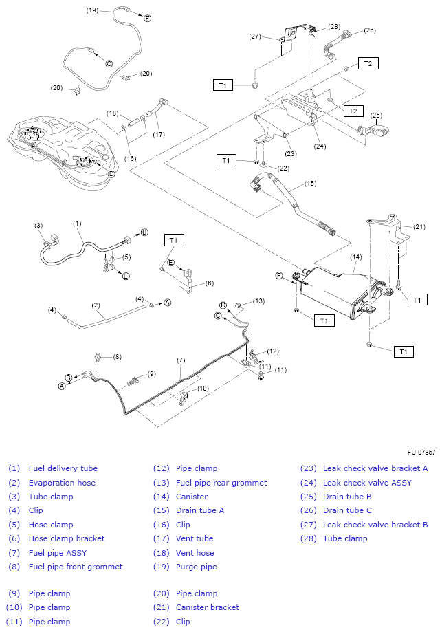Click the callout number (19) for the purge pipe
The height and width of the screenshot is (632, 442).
coord(93,10)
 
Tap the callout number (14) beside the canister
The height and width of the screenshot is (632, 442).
coord(355,257)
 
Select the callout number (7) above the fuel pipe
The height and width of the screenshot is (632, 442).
coord(181,360)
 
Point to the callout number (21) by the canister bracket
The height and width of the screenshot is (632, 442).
coord(419,227)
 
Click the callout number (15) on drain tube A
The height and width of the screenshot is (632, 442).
coord(310,184)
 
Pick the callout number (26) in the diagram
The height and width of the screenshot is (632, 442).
coord(370,30)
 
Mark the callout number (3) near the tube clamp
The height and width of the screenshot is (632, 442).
coord(38,225)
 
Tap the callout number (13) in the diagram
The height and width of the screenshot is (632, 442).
coord(258,301)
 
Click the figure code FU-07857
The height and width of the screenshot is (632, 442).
coord(420,453)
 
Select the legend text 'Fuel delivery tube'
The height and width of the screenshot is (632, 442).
coord(63,468)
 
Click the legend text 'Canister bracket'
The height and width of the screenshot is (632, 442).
coord(208,607)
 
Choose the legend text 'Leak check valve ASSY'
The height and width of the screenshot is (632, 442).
coord(367,483)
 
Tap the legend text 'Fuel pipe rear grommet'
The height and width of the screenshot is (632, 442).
coord(221,483)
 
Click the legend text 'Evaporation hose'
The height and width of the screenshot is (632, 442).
coord(62,483)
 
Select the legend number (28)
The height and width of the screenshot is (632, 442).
coord(307,538)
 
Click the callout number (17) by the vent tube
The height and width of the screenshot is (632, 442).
coord(159,134)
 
